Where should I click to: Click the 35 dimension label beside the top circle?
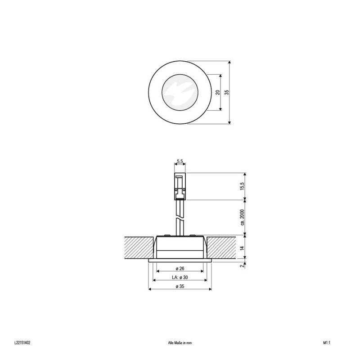(227, 92)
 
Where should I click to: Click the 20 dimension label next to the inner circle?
(218, 92)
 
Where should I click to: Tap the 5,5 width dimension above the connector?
(180, 161)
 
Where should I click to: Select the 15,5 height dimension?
(243, 186)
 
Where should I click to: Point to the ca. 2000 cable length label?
(243, 217)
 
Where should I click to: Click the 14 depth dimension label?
(243, 248)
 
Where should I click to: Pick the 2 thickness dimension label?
(242, 266)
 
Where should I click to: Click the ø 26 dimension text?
(180, 268)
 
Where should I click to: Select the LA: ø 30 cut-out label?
(180, 277)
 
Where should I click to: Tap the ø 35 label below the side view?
(180, 286)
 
